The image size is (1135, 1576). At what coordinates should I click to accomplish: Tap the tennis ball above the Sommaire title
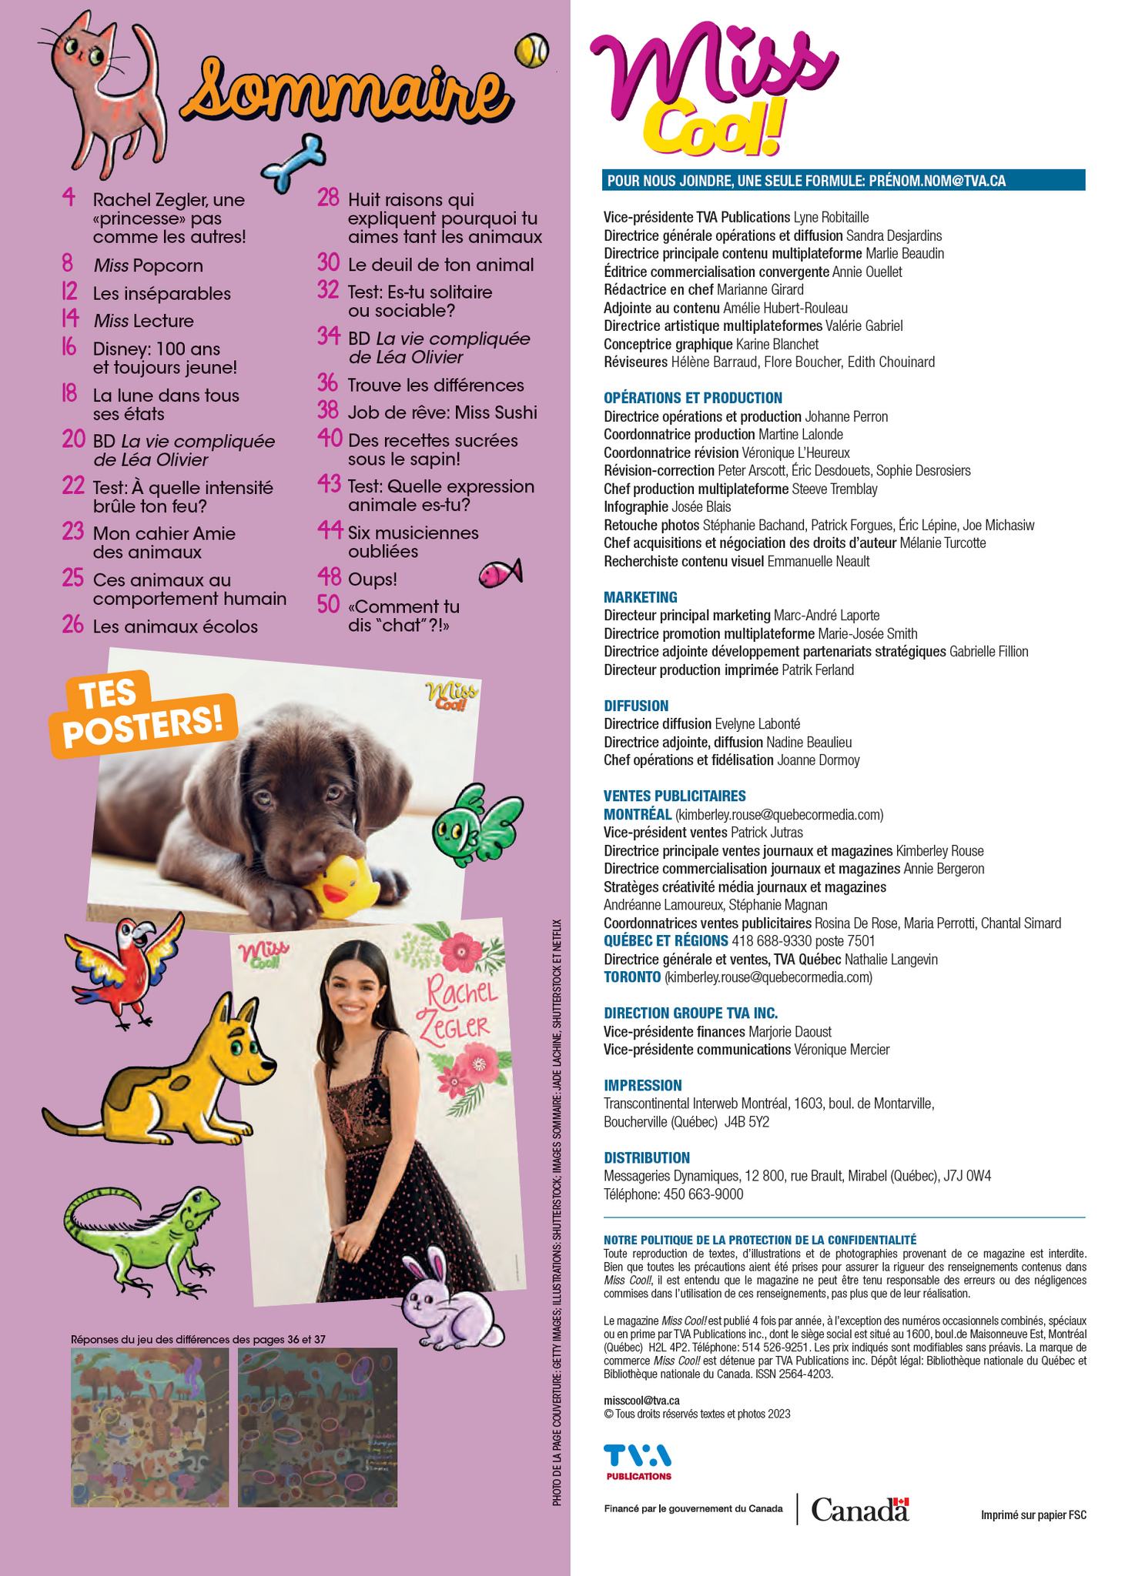tap(531, 51)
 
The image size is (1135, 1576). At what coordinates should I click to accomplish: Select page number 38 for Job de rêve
tap(328, 412)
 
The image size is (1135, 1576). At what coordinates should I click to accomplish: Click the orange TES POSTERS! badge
tap(142, 713)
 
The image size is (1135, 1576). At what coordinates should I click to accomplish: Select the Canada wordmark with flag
tap(859, 1509)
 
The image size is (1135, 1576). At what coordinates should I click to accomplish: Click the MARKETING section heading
tap(640, 597)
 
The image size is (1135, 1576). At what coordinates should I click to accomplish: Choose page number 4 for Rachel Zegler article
tap(69, 199)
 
